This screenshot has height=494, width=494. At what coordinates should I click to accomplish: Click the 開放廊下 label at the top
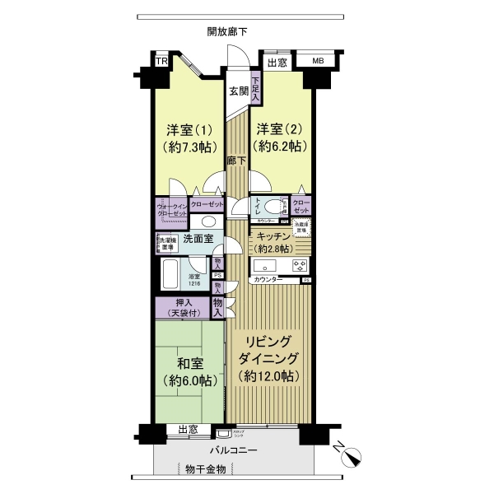coord(227,31)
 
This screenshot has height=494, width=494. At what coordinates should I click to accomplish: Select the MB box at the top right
coord(318,60)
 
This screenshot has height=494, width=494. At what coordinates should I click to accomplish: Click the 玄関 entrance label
coord(238,91)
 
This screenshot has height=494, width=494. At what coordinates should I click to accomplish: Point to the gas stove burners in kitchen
coord(300,265)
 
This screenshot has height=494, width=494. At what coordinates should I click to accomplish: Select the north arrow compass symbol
coord(352,455)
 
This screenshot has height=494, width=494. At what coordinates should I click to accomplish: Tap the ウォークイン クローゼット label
coord(172,209)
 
